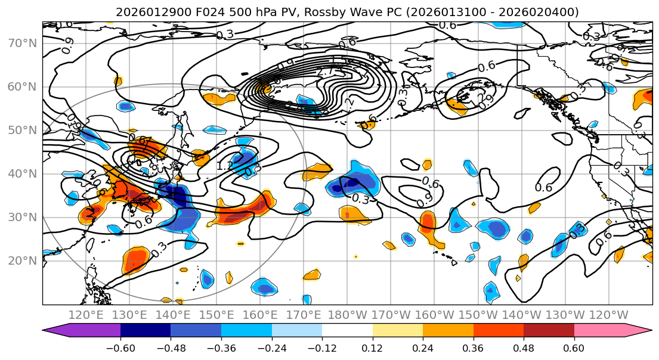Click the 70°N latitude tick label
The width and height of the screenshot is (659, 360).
coord(21,43)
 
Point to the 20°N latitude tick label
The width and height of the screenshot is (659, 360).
coord(21,260)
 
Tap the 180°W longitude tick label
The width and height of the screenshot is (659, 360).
coord(348,315)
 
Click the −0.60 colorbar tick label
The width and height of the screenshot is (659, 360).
coord(120,347)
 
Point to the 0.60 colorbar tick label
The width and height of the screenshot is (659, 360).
coord(574,347)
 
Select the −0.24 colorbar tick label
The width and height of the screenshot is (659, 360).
coord(271,347)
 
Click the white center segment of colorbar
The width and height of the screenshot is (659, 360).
coord(347,331)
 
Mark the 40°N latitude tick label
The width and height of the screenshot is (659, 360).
coord(21,173)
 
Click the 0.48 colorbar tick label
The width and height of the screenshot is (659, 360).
coord(524,347)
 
